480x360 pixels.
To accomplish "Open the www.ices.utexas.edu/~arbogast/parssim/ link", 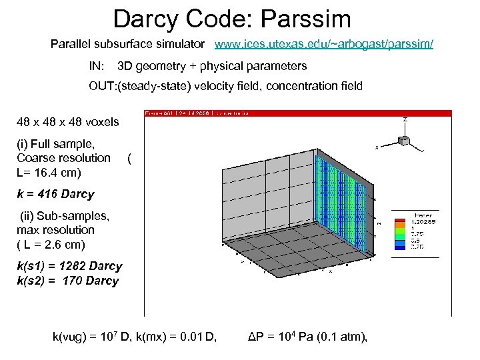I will point(323,44).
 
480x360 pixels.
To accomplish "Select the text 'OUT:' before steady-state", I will point(102,86).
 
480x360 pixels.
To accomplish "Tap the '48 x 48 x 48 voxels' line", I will point(68,122).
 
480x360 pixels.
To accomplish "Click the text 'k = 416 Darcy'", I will point(55,194).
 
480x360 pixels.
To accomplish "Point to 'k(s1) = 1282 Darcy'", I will point(69,266).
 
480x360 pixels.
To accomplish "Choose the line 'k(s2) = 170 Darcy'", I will point(67,281).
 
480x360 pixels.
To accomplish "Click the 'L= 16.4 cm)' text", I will point(49,173).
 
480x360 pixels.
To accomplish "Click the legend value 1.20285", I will point(423,221).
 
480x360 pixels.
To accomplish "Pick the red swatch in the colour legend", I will point(400,222).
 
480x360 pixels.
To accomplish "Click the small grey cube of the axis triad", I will point(403,140).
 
